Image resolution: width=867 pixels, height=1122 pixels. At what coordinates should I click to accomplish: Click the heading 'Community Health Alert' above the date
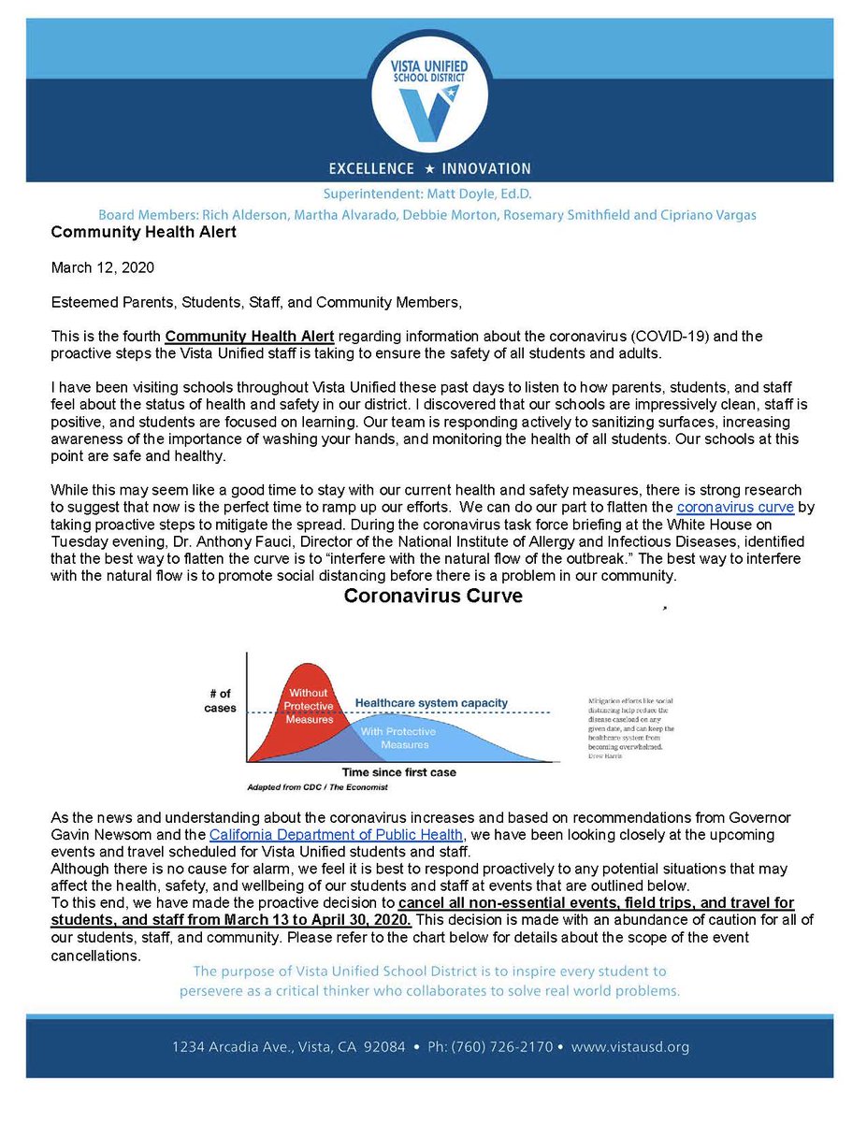[143, 232]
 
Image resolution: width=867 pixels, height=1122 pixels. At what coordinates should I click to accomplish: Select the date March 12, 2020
[102, 267]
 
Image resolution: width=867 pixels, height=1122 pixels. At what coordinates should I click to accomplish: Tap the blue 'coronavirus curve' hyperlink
[735, 507]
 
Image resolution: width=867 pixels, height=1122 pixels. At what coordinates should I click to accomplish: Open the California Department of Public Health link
[336, 834]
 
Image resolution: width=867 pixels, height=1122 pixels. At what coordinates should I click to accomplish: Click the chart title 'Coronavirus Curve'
[433, 597]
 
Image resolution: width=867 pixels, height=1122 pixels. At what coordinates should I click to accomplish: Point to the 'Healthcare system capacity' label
[431, 702]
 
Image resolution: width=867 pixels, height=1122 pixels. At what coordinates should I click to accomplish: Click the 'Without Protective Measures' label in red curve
[309, 706]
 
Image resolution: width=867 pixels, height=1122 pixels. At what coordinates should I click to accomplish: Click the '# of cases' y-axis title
[221, 699]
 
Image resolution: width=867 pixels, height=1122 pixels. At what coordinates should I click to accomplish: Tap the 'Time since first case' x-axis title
[398, 773]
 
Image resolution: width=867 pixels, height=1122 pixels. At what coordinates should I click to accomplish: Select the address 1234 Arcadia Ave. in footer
[228, 1046]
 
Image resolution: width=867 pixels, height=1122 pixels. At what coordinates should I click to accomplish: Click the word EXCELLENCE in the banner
[370, 168]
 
